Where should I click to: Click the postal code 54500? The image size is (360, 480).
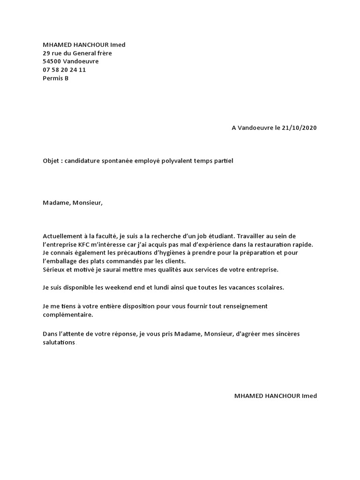[x=52, y=61]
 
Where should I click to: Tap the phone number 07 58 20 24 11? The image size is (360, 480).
[x=64, y=70]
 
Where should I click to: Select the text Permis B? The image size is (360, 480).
[x=55, y=78]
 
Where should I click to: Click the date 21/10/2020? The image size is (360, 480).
[x=300, y=128]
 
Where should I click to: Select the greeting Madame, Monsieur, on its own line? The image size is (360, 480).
[x=72, y=203]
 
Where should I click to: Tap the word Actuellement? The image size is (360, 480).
[x=61, y=236]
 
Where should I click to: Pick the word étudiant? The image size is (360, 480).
[x=218, y=236]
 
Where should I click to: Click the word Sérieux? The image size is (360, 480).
[x=54, y=270]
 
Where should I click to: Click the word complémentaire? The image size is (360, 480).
[x=67, y=315]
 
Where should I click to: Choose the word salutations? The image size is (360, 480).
[x=59, y=343]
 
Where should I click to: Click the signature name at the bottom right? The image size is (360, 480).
[x=276, y=396]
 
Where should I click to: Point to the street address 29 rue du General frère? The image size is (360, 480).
[x=77, y=53]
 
